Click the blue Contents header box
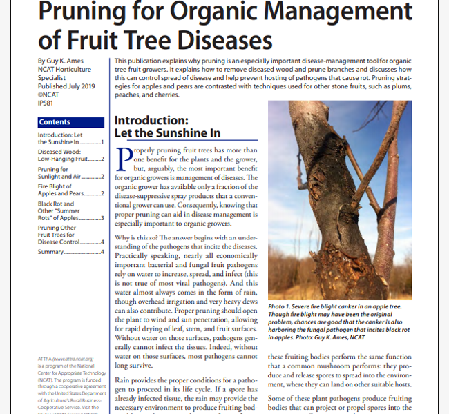[71, 121]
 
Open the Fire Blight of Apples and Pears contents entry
[69, 190]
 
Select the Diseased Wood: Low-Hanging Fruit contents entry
[69, 155]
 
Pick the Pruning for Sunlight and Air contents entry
[69, 172]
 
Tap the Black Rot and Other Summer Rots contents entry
[69, 210]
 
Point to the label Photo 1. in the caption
[284, 306]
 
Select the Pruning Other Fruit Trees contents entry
[69, 235]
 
